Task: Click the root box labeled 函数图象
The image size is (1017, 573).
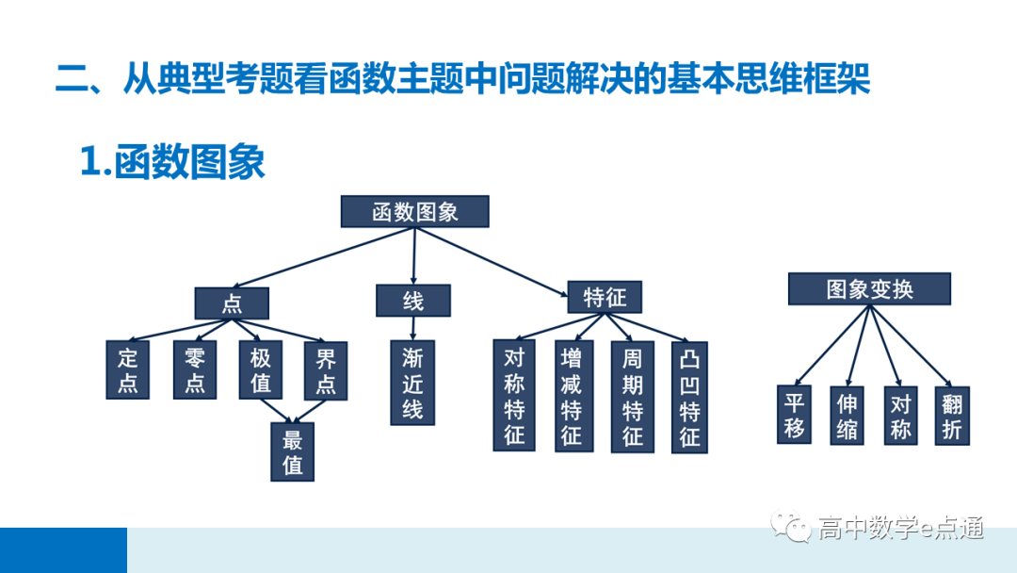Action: point(414,212)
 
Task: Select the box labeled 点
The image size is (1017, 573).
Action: point(232,303)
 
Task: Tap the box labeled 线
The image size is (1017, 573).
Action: point(413,301)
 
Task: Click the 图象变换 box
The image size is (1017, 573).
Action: point(869,288)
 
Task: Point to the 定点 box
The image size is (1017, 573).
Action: point(128,370)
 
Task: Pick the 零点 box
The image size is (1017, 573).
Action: point(195,370)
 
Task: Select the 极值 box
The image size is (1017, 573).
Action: point(260,370)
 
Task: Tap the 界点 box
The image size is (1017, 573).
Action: point(326,370)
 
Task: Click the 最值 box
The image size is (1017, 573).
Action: point(292,451)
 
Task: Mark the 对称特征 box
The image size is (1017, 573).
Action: point(514,397)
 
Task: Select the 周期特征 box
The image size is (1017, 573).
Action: point(633,397)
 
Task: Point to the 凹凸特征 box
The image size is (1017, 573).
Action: point(690,397)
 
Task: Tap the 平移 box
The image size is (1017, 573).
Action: point(794,415)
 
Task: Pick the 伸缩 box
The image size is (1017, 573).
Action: point(847,415)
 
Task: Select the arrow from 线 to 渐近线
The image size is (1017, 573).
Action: point(413,328)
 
